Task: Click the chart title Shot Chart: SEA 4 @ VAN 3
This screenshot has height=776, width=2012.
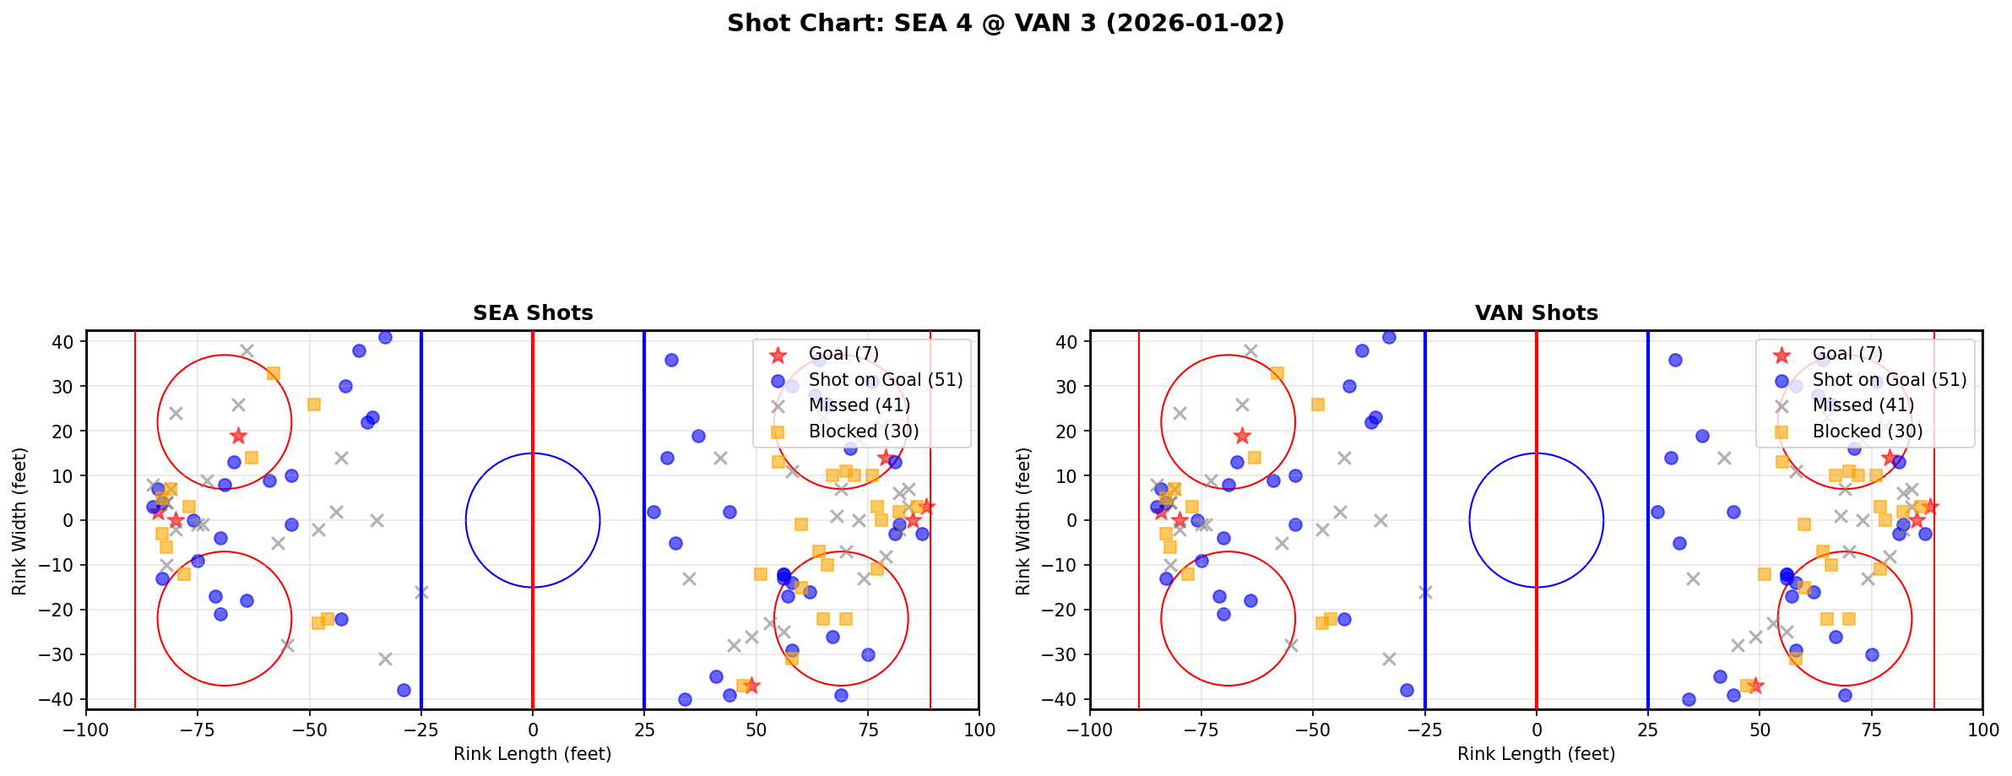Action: (x=1005, y=23)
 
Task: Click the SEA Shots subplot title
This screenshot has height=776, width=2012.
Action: (x=533, y=313)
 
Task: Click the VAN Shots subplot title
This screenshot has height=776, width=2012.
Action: (x=1536, y=313)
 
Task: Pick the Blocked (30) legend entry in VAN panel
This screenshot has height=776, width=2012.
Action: (x=1867, y=431)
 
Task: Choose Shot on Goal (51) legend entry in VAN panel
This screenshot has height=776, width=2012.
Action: (x=1889, y=380)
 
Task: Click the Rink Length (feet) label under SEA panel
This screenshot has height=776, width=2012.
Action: (x=533, y=754)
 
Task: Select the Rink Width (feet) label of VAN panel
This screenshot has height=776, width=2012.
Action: (x=1023, y=521)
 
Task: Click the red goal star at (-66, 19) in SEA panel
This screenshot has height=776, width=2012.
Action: (x=238, y=436)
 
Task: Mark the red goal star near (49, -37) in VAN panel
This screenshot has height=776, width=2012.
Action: (x=1754, y=686)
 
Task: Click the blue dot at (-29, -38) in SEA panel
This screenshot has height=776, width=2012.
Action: (x=404, y=690)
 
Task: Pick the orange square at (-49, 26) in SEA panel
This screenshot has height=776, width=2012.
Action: (x=314, y=404)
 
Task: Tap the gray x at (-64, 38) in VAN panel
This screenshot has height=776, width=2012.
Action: (x=1250, y=350)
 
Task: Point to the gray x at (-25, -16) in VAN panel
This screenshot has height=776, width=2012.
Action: (x=1425, y=592)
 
